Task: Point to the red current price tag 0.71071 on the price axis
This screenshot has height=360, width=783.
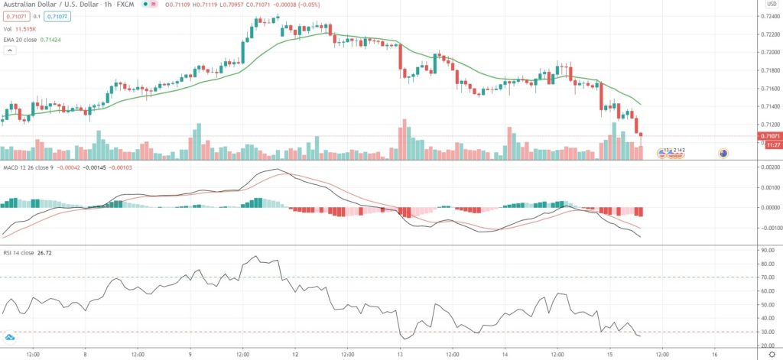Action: [768, 136]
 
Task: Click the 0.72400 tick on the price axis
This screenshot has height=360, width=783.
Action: [768, 17]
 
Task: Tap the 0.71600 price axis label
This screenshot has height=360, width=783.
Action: [768, 89]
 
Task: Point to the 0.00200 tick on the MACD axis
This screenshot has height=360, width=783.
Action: [768, 166]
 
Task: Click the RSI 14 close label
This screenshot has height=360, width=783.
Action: [19, 251]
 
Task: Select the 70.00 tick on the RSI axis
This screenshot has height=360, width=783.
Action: [767, 277]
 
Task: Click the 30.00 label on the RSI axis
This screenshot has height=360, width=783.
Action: [767, 332]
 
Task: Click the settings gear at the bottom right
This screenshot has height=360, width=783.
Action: [770, 355]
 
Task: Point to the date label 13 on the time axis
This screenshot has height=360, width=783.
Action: [400, 355]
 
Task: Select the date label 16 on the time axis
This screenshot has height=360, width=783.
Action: [714, 355]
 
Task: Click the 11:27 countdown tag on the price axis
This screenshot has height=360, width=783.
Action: [768, 144]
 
